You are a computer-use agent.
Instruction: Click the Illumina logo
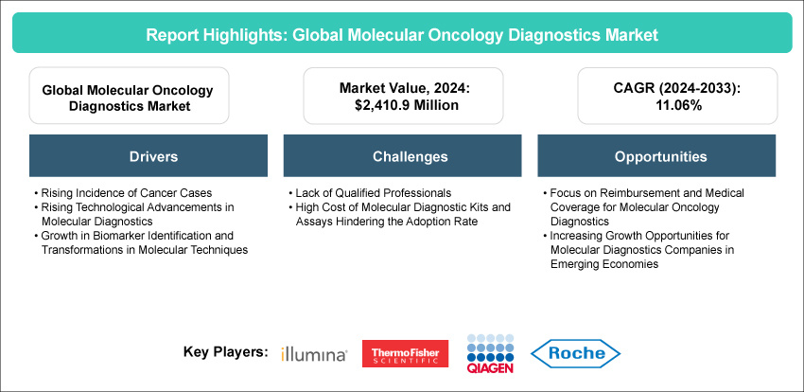pos(314,354)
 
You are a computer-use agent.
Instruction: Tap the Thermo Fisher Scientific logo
pos(405,353)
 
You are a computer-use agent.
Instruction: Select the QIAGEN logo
pos(490,353)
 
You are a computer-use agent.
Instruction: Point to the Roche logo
pos(575,353)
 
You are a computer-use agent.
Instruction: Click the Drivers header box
pos(149,156)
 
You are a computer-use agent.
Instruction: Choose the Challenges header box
pos(403,156)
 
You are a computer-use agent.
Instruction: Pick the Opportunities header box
pos(656,156)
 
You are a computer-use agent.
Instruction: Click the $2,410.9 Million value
pos(403,106)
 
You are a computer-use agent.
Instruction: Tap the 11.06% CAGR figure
pos(677,106)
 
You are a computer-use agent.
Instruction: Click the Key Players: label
pos(226,352)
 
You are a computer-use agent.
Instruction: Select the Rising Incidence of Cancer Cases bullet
pos(123,193)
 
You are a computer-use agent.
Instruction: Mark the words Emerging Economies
pos(604,264)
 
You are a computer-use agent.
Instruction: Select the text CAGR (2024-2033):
pos(677,89)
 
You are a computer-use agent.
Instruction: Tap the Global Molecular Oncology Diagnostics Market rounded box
pos(129,96)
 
